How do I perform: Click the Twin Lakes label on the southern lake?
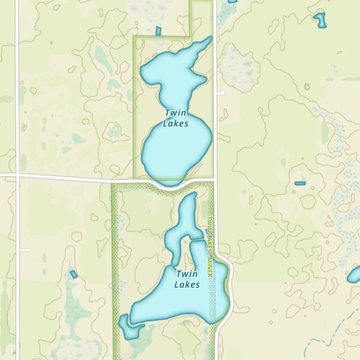[x=187, y=279]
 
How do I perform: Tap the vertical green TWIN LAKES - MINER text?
[x=210, y=246]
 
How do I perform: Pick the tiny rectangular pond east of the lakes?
[x=300, y=184]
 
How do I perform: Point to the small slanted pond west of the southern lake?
[x=73, y=274]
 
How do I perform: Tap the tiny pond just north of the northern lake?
[x=158, y=31]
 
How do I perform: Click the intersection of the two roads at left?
[x=17, y=175]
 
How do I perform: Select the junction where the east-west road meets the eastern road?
[x=215, y=178]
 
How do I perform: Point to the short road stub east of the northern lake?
[x=221, y=93]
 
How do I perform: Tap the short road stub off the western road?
[x=25, y=250]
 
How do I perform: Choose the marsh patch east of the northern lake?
[x=238, y=70]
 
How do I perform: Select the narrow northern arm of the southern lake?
[x=188, y=212]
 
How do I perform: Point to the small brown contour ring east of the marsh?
[x=307, y=86]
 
